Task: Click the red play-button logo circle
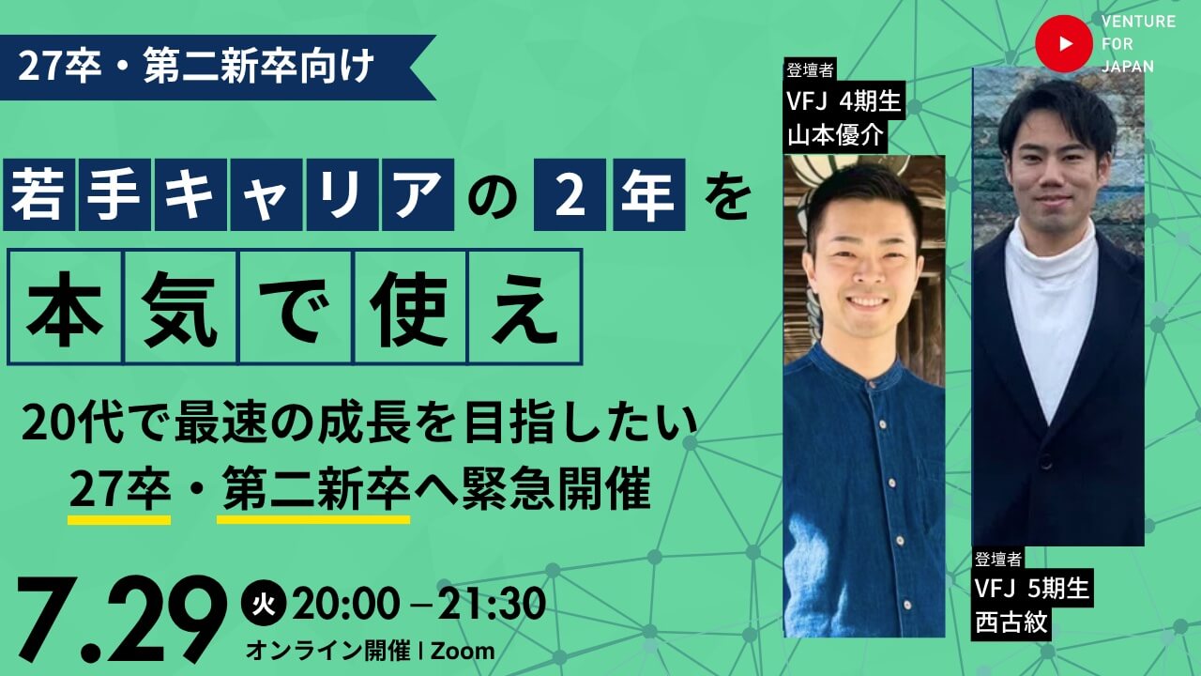[x=1063, y=43]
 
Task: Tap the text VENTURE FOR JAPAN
[x=1138, y=44]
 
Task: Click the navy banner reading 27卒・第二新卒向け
[x=217, y=68]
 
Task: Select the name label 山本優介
[x=835, y=136]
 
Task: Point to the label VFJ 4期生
[x=844, y=100]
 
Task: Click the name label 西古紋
[x=1011, y=623]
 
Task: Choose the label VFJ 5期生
[x=1032, y=589]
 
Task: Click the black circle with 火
[x=264, y=604]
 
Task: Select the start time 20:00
[x=346, y=604]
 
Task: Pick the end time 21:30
[x=491, y=604]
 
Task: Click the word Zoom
[x=463, y=652]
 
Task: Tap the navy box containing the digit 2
[x=570, y=194]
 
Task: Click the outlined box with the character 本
[x=65, y=307]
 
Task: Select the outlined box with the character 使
[x=410, y=307]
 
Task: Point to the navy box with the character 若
[x=38, y=194]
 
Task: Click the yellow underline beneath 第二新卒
[x=313, y=519]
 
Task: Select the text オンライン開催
[x=328, y=652]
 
